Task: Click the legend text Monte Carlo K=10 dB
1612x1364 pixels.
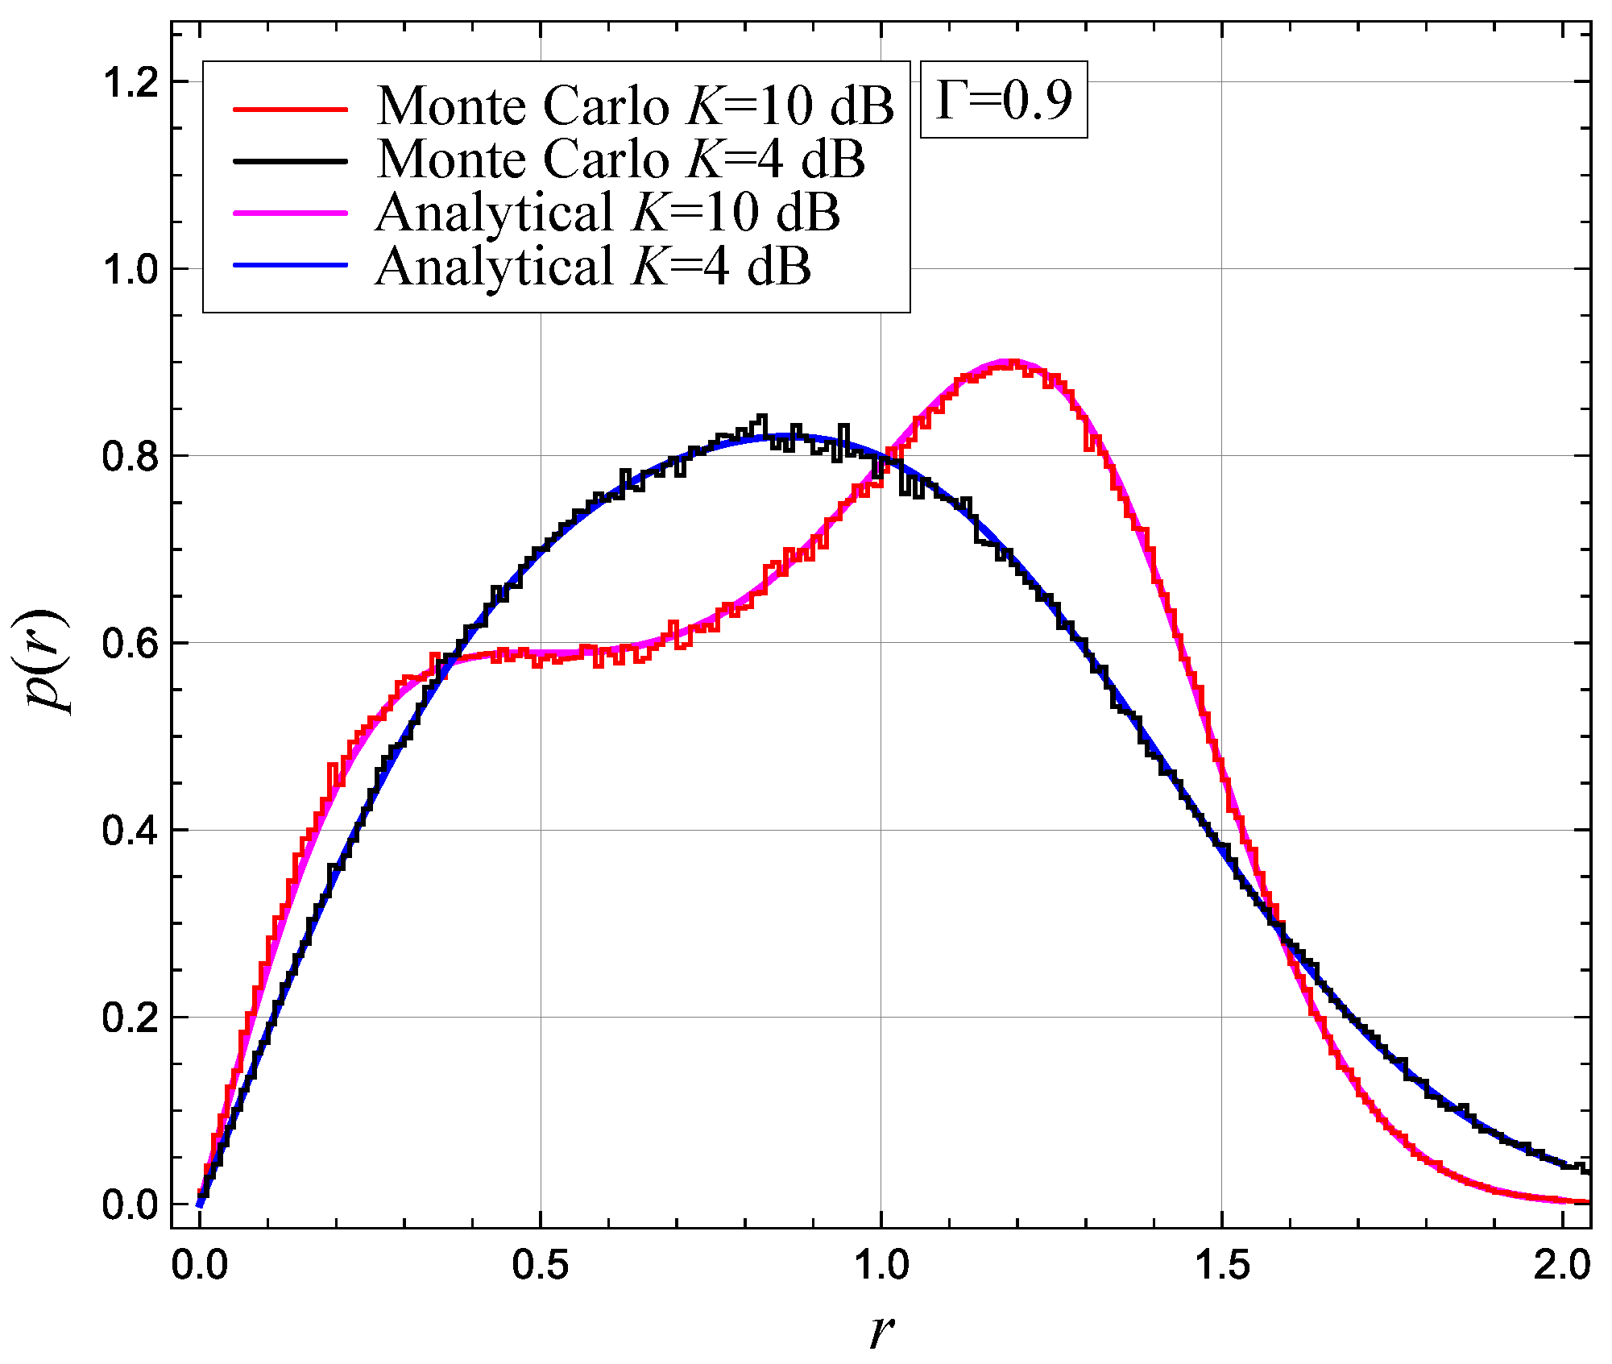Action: pyautogui.click(x=635, y=106)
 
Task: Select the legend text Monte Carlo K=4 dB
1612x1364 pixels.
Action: pyautogui.click(x=620, y=160)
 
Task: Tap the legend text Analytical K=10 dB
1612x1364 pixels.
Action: pyautogui.click(x=607, y=213)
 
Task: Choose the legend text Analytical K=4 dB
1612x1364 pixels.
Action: pyautogui.click(x=593, y=266)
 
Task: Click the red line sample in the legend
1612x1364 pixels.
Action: pyautogui.click(x=290, y=109)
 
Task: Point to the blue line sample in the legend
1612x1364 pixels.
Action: pyautogui.click(x=290, y=265)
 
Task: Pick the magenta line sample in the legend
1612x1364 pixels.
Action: pyautogui.click(x=290, y=213)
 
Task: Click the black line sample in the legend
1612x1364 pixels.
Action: pyautogui.click(x=290, y=160)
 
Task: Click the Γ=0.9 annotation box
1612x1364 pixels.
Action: pyautogui.click(x=1004, y=100)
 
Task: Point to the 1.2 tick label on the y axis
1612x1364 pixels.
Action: pyautogui.click(x=130, y=82)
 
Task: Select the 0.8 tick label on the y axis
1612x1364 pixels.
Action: pyautogui.click(x=130, y=457)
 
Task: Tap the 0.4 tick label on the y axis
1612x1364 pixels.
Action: pyautogui.click(x=130, y=831)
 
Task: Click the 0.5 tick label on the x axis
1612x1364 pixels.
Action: pyautogui.click(x=540, y=1266)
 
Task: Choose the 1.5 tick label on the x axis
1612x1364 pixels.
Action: pyautogui.click(x=1221, y=1266)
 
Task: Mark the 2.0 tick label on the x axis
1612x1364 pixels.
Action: pyautogui.click(x=1561, y=1266)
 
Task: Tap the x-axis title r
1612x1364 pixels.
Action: pyautogui.click(x=881, y=1330)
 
